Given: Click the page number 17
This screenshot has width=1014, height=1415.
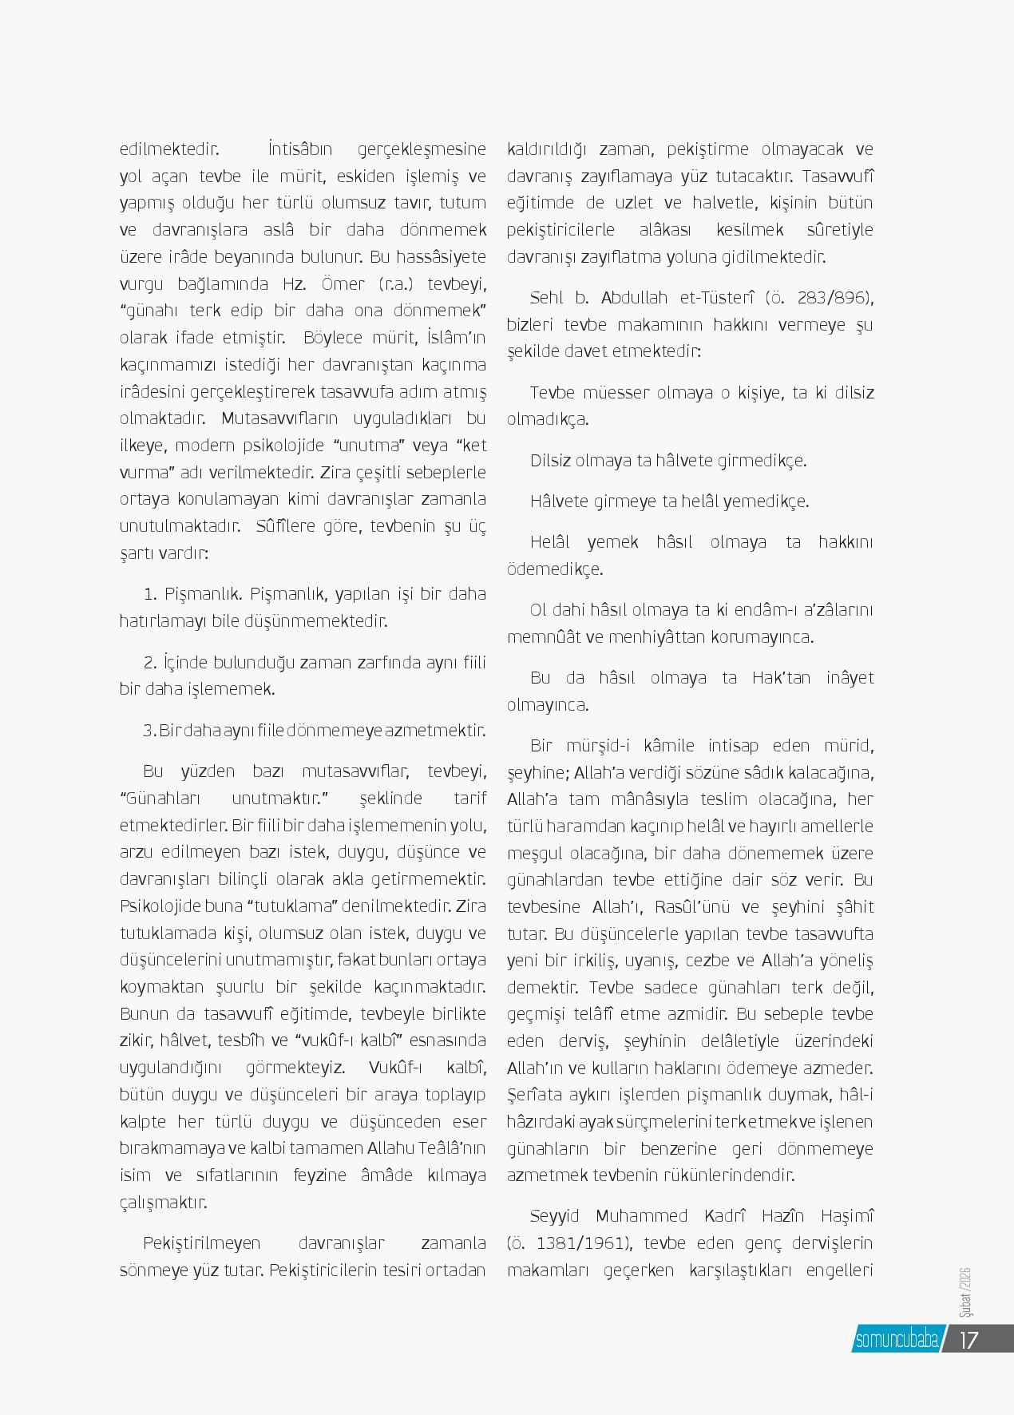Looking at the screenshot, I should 968,1339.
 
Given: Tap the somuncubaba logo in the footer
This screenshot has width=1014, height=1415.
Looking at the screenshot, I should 896,1339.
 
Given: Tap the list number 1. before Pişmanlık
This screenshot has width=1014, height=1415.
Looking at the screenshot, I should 150,594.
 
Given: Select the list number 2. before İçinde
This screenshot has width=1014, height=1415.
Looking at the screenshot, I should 149,662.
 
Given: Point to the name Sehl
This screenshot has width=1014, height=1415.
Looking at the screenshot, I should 548,299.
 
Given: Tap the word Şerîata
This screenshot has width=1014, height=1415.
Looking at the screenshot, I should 533,1095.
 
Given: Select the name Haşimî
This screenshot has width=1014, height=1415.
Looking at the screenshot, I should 847,1216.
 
